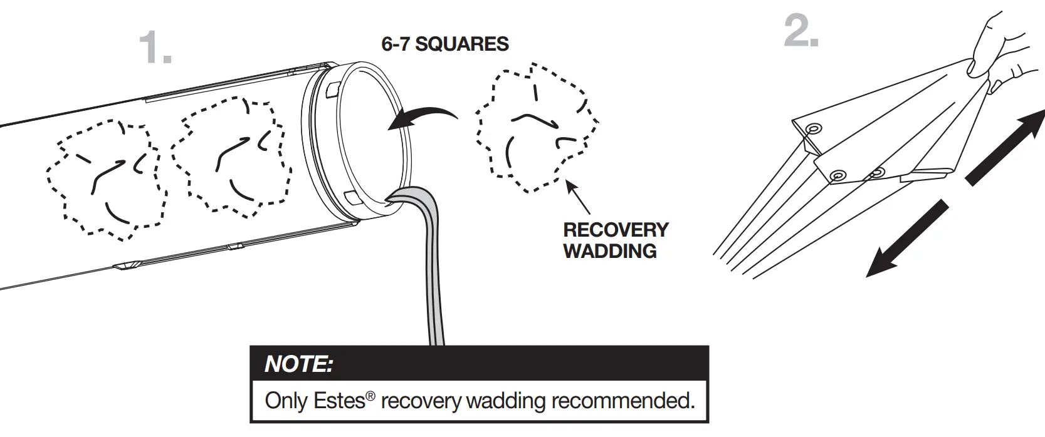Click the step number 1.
(154, 48)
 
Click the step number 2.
(801, 32)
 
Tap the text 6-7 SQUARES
(445, 44)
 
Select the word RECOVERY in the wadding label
(616, 230)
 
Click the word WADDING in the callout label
(609, 251)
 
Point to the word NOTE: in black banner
(298, 364)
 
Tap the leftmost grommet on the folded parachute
(813, 129)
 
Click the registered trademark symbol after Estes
(371, 396)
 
